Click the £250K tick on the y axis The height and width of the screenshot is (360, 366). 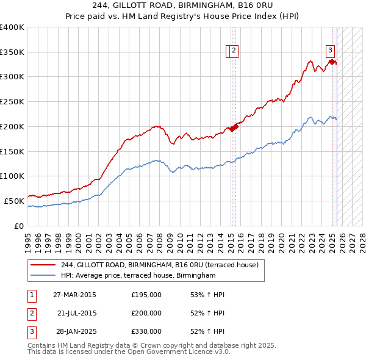[12, 102]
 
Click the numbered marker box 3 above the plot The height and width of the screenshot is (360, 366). [330, 51]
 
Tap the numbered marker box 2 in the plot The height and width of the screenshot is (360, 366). [234, 51]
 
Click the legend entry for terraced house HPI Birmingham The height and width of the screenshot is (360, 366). [138, 276]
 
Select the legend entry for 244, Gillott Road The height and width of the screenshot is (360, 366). [160, 265]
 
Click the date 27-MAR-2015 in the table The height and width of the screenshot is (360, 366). [74, 295]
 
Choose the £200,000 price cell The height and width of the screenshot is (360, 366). [146, 313]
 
